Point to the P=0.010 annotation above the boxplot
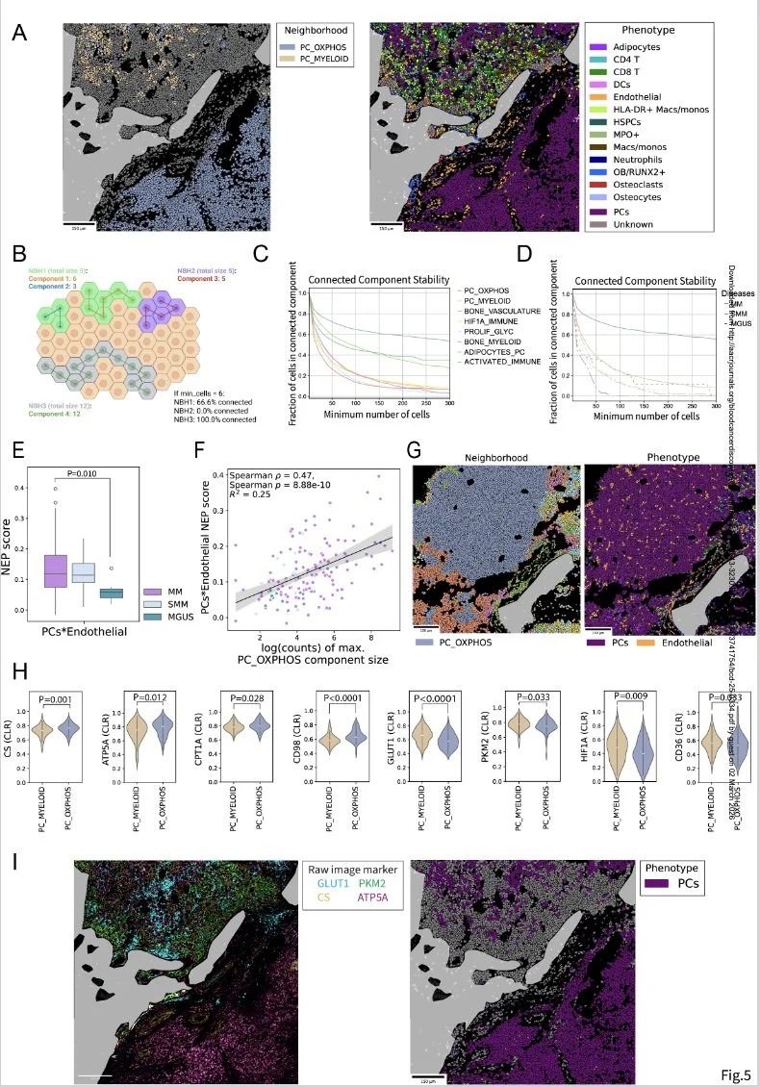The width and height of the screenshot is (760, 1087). tap(85, 472)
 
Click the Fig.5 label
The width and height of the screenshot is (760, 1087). tap(735, 1072)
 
